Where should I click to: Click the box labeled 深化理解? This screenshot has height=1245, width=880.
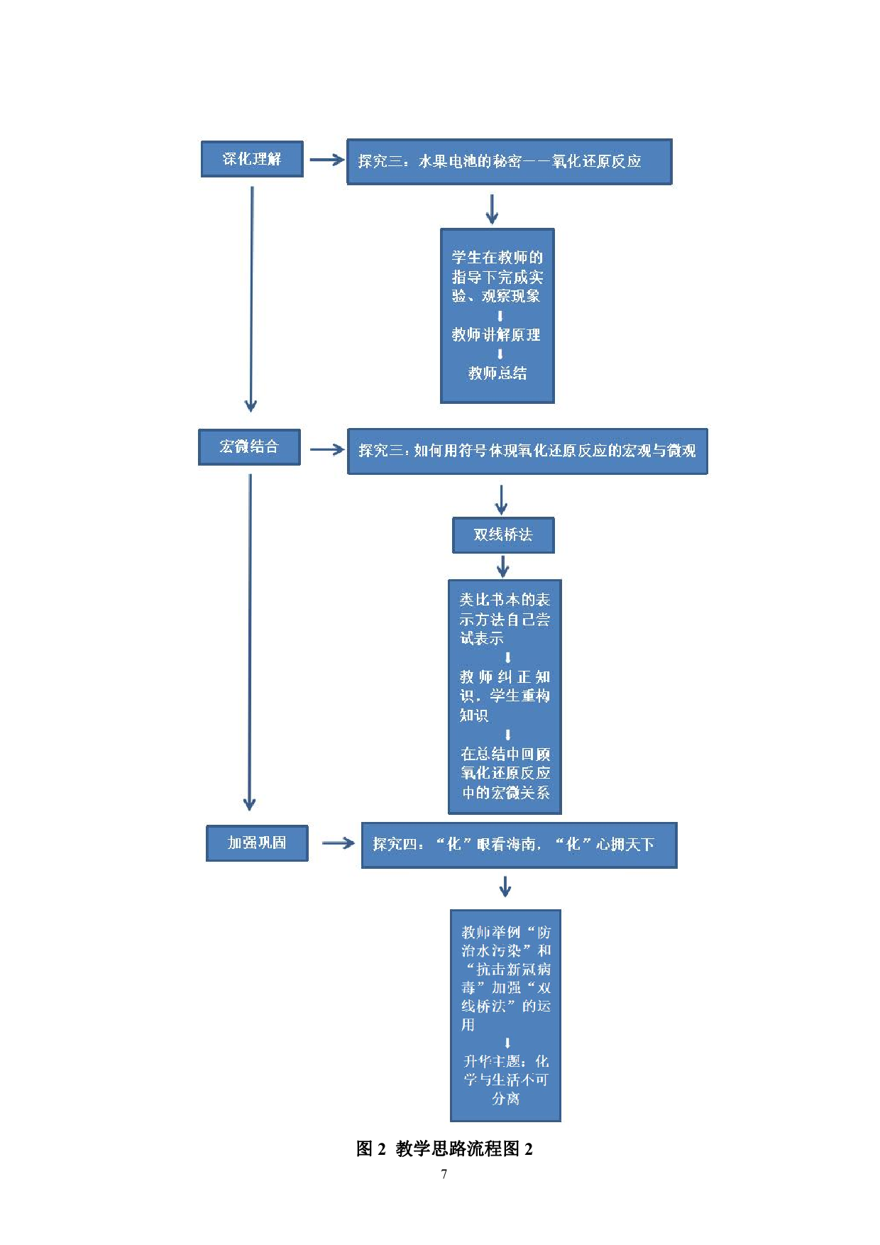(252, 159)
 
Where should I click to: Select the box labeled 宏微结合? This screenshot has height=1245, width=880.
(249, 447)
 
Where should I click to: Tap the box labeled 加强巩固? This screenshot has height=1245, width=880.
(257, 843)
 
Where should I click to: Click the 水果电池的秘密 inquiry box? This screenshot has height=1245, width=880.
(509, 162)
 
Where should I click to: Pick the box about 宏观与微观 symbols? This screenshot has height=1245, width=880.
(527, 451)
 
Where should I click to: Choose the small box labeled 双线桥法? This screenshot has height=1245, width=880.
(503, 535)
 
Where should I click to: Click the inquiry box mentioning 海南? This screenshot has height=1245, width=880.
(519, 845)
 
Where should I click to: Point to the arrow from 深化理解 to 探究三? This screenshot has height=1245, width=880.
(326, 160)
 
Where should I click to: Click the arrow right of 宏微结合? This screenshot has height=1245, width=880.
(326, 449)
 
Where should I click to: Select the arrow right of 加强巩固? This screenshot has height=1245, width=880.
(338, 843)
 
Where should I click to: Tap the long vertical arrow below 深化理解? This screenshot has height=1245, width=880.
(251, 298)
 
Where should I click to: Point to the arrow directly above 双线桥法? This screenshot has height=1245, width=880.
(501, 500)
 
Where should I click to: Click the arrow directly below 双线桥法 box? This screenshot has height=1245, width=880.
(503, 566)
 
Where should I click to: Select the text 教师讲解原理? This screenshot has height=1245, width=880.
(496, 335)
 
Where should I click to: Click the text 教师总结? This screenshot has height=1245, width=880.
(497, 373)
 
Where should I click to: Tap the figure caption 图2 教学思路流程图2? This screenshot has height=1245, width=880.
(444, 1148)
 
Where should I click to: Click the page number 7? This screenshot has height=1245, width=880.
(444, 1174)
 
